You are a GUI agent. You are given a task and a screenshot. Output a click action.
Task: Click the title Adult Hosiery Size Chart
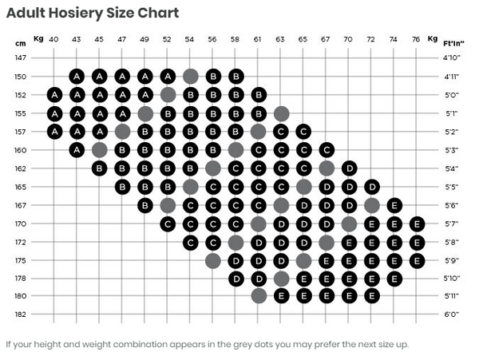[93, 13]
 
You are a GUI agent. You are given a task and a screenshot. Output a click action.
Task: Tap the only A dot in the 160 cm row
[77, 149]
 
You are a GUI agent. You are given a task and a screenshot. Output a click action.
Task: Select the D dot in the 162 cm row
[349, 168]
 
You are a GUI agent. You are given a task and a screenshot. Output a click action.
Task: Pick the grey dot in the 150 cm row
[190, 77]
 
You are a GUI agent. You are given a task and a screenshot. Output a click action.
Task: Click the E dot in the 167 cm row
[394, 205]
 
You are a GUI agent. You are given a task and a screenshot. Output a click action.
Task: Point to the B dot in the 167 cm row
[144, 205]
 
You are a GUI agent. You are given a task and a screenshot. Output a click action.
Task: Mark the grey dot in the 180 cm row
[258, 295]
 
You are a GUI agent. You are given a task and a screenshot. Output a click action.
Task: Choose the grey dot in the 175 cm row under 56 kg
[212, 260]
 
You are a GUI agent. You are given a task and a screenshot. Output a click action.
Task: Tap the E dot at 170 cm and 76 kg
[416, 224]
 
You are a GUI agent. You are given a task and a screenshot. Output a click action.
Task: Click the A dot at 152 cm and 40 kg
[53, 94]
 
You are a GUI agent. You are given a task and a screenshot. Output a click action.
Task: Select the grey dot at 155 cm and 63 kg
[280, 113]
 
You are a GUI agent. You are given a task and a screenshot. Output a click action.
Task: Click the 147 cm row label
[21, 58]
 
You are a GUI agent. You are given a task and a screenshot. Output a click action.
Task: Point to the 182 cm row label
[21, 314]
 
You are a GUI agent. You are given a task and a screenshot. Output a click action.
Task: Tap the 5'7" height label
[450, 224]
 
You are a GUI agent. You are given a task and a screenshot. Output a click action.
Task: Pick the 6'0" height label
[450, 314]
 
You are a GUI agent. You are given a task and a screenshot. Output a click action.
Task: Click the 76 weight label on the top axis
[416, 38]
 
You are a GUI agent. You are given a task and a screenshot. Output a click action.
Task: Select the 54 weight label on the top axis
[190, 38]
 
